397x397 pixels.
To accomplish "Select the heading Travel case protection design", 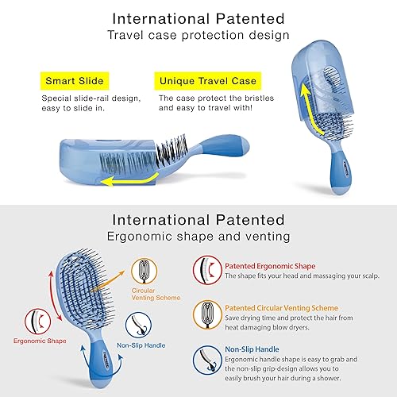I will [198, 35].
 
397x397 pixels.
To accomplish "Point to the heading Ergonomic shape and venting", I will [198, 236].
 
